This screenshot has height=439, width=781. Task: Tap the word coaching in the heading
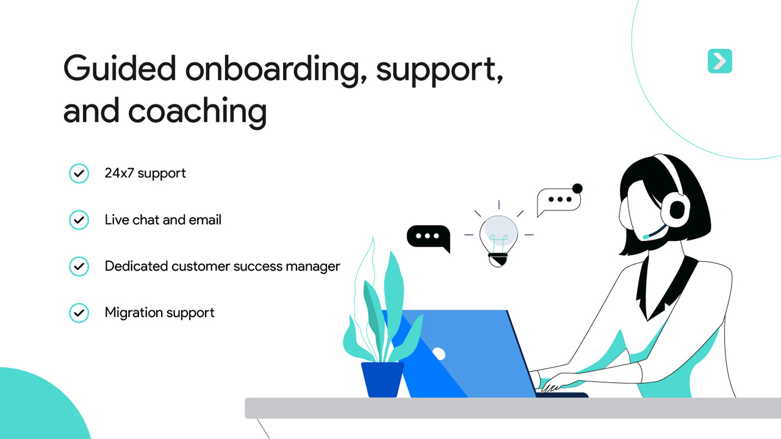click(x=197, y=112)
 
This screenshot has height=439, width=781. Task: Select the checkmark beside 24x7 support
click(x=79, y=173)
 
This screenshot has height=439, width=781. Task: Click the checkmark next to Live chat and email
click(x=79, y=220)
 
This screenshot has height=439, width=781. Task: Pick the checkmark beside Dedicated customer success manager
click(x=79, y=266)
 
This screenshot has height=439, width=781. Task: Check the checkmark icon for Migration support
click(x=79, y=313)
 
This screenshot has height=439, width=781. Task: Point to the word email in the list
click(x=204, y=220)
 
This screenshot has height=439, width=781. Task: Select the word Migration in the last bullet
click(x=131, y=313)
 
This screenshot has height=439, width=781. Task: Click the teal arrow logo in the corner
click(x=720, y=61)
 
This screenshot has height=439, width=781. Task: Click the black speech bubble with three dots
click(x=428, y=237)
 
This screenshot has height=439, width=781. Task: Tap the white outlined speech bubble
click(x=558, y=201)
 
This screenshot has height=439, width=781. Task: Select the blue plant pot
click(x=383, y=379)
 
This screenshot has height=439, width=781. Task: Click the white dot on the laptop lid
click(x=439, y=353)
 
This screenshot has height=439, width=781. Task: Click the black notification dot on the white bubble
click(x=577, y=188)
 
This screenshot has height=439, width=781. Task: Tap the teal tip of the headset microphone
click(x=646, y=236)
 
